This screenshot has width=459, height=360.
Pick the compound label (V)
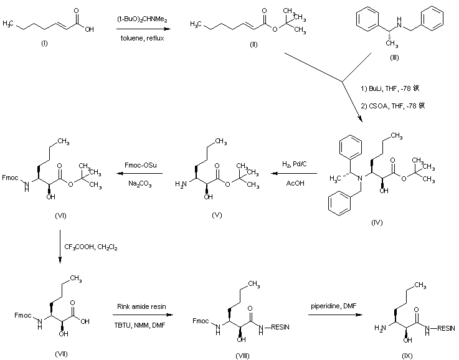(x=216, y=215)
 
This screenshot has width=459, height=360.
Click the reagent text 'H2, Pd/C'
(x=295, y=164)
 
